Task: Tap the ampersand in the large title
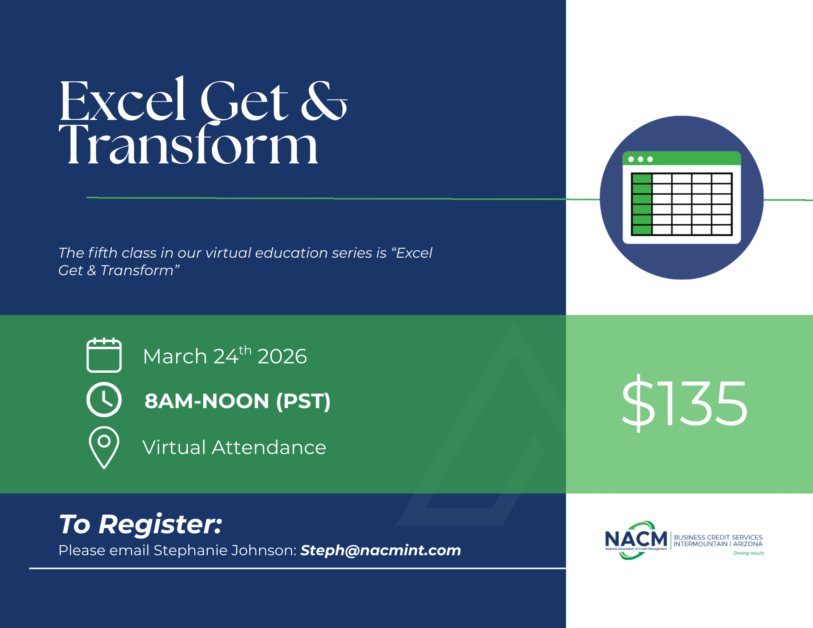tap(324, 100)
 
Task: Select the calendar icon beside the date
tap(104, 355)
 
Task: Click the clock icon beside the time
tap(104, 400)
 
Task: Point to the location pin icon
tap(104, 448)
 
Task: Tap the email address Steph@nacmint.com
tap(381, 550)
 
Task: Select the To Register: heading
tap(141, 524)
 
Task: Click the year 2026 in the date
tap(282, 356)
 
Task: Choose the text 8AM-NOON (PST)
tap(237, 401)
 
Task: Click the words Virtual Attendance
tap(234, 448)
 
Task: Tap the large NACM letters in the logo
tap(636, 539)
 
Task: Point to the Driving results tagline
tap(749, 553)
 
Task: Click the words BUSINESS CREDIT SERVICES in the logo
tap(718, 537)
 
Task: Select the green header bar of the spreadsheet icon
tap(682, 159)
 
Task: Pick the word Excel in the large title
tap(123, 100)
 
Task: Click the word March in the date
tap(175, 356)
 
